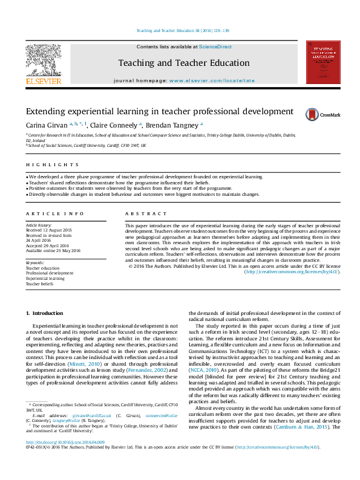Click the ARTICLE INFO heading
pos(55,213)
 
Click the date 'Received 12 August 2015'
pos(48,230)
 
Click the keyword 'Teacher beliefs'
pos(41,283)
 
